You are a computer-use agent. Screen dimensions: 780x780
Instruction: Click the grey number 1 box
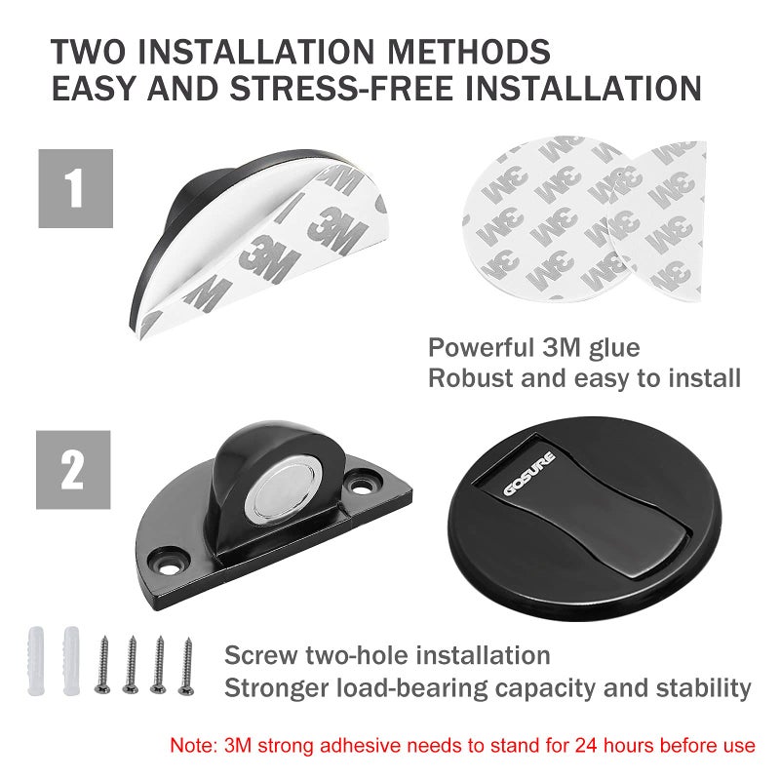(x=76, y=188)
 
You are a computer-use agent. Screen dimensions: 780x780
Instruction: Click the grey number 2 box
(x=73, y=470)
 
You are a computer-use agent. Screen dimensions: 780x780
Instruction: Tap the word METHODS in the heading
(x=469, y=52)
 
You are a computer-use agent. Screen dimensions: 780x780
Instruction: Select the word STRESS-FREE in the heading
(x=341, y=88)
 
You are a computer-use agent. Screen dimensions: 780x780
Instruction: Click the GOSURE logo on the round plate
(x=529, y=474)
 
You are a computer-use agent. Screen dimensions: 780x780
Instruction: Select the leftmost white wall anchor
(x=36, y=661)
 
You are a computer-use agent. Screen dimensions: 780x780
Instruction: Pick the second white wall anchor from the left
(x=71, y=661)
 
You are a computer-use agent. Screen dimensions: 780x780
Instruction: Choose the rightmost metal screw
(x=186, y=666)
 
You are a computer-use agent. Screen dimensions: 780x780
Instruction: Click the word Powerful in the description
(x=481, y=347)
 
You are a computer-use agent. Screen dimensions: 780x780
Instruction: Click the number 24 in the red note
(x=588, y=745)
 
